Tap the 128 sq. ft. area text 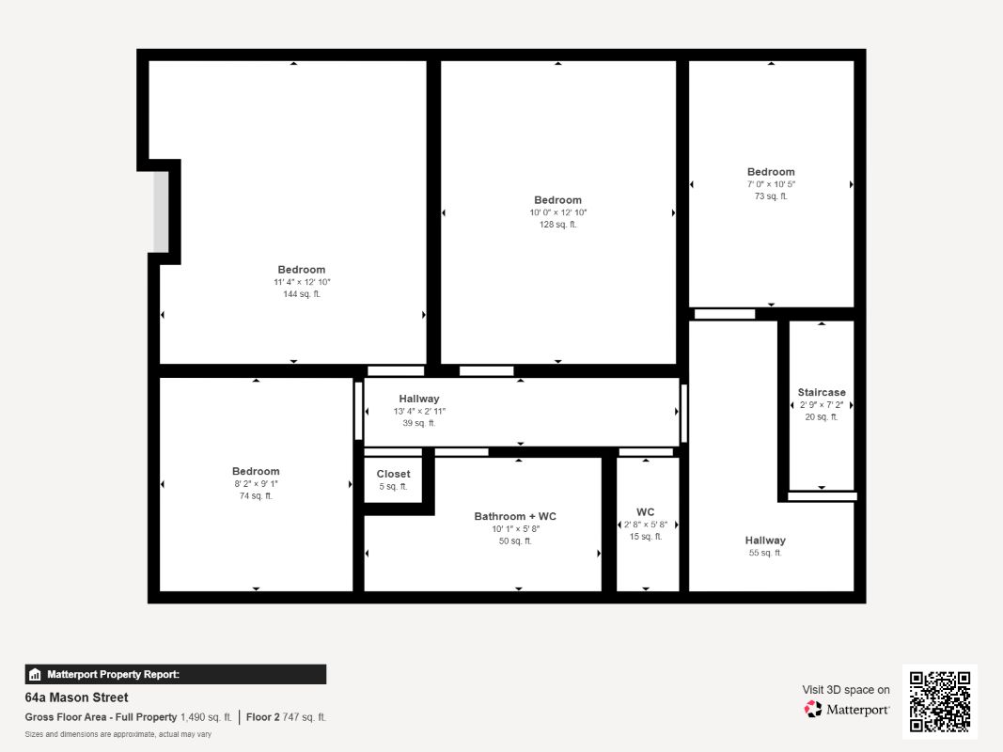[557, 225]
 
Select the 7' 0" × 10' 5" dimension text [771, 184]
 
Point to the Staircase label [822, 392]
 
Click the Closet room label [393, 474]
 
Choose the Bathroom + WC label [515, 516]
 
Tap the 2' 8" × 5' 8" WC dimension [646, 525]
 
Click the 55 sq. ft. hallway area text [765, 553]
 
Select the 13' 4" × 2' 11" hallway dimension [419, 411]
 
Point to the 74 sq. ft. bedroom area [256, 495]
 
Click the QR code [940, 701]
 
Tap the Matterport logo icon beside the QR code [813, 709]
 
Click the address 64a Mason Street [76, 697]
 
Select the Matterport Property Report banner [175, 674]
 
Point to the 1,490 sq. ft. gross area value [206, 717]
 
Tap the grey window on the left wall [161, 211]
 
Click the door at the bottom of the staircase [822, 496]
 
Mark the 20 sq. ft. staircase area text [822, 417]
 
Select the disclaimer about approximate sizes [118, 734]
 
